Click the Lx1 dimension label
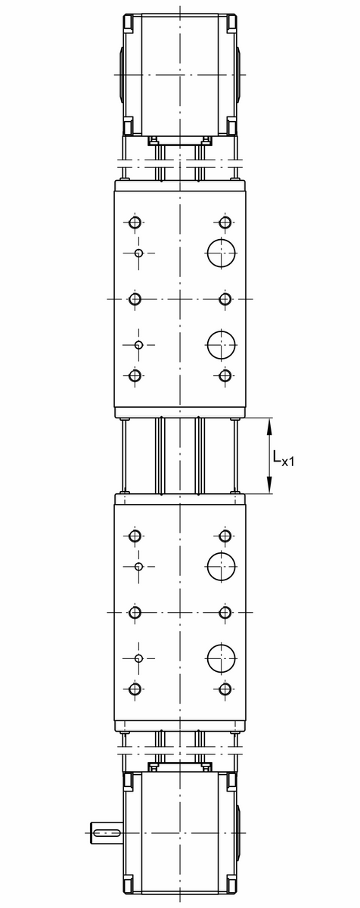284,457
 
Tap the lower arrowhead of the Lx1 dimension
271,487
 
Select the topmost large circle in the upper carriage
222,252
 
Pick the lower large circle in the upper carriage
222,345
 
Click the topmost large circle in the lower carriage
222,566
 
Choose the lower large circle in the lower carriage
222,658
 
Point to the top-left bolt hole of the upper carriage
135,222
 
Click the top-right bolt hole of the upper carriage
225,222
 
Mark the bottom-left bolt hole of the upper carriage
135,375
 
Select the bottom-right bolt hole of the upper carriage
225,375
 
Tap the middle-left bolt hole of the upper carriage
135,300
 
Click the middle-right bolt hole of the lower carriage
225,612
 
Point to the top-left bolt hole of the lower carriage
135,536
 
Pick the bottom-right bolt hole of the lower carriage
225,689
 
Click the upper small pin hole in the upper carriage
138,252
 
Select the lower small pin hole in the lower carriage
138,658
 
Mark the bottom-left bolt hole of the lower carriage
135,689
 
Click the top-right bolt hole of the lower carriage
225,536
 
